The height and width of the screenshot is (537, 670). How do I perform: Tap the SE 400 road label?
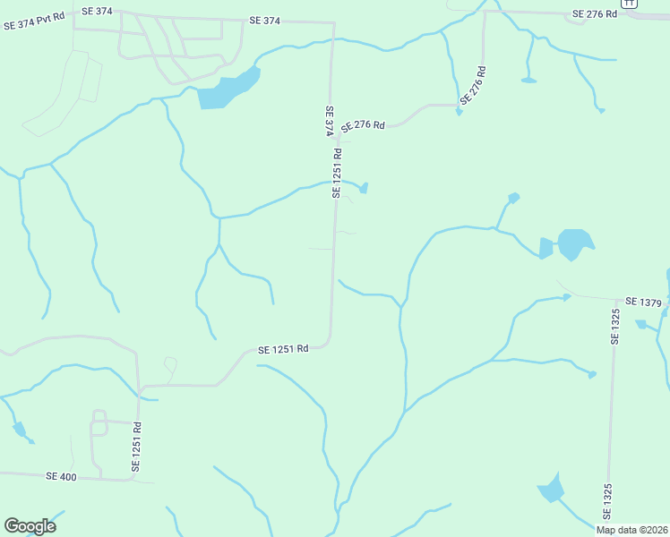coord(61,477)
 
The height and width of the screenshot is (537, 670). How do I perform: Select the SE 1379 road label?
coord(643,303)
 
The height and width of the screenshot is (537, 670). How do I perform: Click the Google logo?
coord(30,526)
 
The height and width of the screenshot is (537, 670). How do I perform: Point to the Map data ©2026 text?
coord(631,530)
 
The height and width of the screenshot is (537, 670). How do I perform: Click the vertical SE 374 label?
coord(329,121)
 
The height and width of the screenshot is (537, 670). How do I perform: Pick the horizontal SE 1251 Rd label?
coord(283,349)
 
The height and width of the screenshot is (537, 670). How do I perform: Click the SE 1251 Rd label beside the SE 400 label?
coord(137,447)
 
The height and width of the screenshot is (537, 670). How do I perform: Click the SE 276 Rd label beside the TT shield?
coord(596,13)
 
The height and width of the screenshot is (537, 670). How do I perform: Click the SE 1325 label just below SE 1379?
coord(615,327)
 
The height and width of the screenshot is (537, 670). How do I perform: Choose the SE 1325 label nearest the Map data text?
coord(606,501)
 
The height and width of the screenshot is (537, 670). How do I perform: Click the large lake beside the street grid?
coord(228,89)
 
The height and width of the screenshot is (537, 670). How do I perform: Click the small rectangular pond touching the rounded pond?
coord(546,248)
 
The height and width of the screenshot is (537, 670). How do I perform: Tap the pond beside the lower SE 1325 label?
coord(551,489)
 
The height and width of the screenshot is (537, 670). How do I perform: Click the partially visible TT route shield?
coord(631,3)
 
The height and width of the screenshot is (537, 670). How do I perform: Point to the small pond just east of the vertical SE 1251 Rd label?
coord(364,188)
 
